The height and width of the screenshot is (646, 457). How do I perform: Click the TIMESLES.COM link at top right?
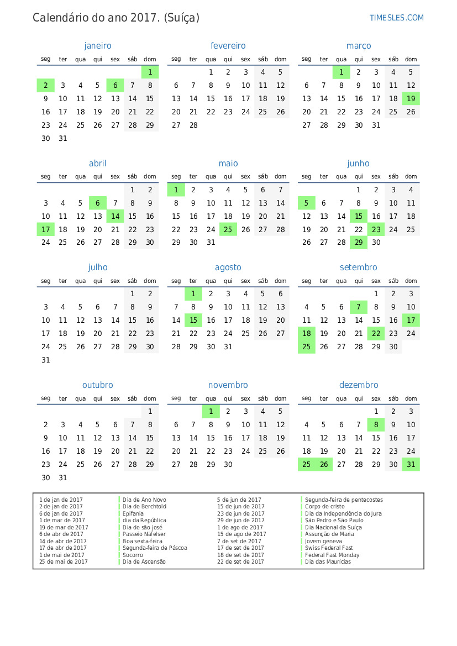tap(396, 18)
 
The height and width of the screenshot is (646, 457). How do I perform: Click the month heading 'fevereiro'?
tap(228, 46)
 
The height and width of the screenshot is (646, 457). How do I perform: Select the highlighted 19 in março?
tap(411, 98)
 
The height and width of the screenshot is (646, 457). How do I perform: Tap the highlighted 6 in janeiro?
tap(115, 85)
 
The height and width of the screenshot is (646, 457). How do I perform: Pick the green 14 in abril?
tap(115, 216)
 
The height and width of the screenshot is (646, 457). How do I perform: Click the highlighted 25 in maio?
tap(228, 229)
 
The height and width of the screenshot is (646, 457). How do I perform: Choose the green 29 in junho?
tap(359, 242)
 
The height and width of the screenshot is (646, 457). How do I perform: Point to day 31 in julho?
tap(46, 360)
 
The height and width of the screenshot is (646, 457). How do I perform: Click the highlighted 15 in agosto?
tap(193, 320)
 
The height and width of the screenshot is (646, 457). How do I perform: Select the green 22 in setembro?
tap(376, 333)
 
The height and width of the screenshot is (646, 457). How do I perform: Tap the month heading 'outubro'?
tap(98, 385)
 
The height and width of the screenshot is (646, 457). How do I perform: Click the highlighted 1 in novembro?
tap(211, 411)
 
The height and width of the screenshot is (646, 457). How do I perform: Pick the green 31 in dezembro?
tap(411, 464)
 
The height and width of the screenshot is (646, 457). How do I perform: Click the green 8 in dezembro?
tap(376, 424)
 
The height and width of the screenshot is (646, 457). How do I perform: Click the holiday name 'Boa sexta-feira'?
tap(143, 542)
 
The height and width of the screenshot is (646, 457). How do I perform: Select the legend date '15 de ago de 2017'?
tap(241, 534)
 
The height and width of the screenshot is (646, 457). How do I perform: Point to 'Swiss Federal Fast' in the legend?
tap(329, 548)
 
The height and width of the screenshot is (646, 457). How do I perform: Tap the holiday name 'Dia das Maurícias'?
tap(328, 562)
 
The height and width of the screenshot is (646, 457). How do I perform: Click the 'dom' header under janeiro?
tap(150, 59)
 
